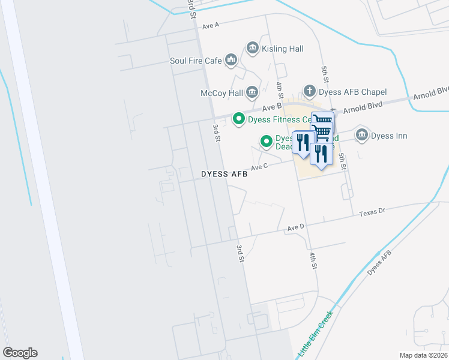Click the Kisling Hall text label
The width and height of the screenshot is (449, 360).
[283, 49]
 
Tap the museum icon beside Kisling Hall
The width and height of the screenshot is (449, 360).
[253, 48]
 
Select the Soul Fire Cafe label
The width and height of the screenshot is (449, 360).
[196, 61]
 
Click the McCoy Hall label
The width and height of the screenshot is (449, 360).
[221, 93]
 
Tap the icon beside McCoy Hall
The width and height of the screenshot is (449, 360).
[252, 92]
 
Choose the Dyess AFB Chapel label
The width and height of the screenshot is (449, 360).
[353, 92]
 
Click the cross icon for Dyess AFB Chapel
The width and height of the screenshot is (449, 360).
[309, 91]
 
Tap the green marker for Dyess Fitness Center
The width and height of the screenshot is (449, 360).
[238, 119]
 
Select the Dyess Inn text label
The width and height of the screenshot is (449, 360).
[389, 136]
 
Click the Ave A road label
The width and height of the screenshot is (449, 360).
[211, 26]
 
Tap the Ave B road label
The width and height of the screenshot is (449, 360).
[273, 107]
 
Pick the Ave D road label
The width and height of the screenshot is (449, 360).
[296, 228]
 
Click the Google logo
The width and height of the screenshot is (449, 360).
[20, 353]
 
